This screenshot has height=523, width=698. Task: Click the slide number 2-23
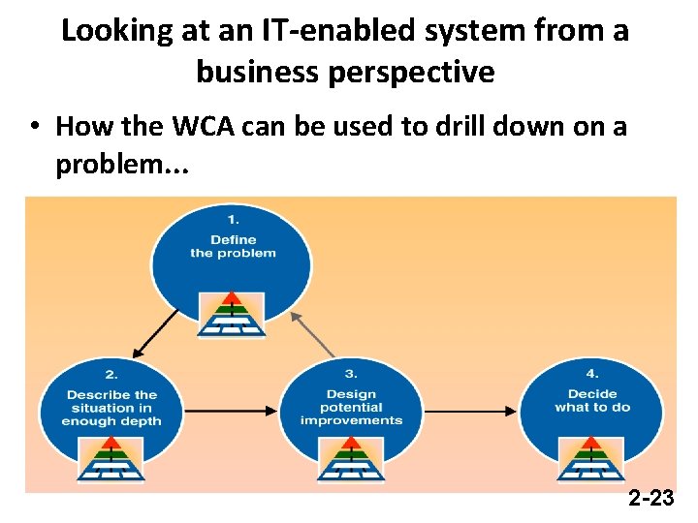click(650, 499)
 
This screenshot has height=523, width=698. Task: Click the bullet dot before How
click(33, 127)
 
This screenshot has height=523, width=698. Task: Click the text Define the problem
click(233, 246)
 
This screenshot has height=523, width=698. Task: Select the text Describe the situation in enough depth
click(111, 407)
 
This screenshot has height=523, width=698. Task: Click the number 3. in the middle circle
click(351, 374)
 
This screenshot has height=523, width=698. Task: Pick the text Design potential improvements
click(351, 407)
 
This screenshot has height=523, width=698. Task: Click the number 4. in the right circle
click(592, 374)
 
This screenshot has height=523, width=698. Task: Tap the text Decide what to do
click(592, 401)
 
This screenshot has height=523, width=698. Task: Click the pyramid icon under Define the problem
click(232, 314)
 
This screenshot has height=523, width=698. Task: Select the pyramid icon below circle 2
click(111, 459)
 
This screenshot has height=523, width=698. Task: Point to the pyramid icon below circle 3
click(351, 459)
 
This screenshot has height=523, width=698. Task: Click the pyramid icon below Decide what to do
click(591, 459)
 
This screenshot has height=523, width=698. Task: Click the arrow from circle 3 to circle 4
click(471, 413)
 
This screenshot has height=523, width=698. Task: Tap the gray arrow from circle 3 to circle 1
click(312, 334)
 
